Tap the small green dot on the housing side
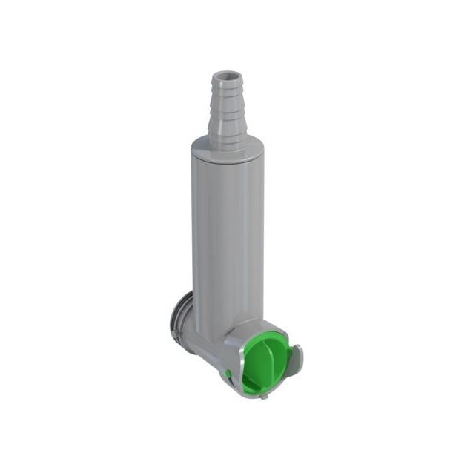pyautogui.click(x=230, y=373)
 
